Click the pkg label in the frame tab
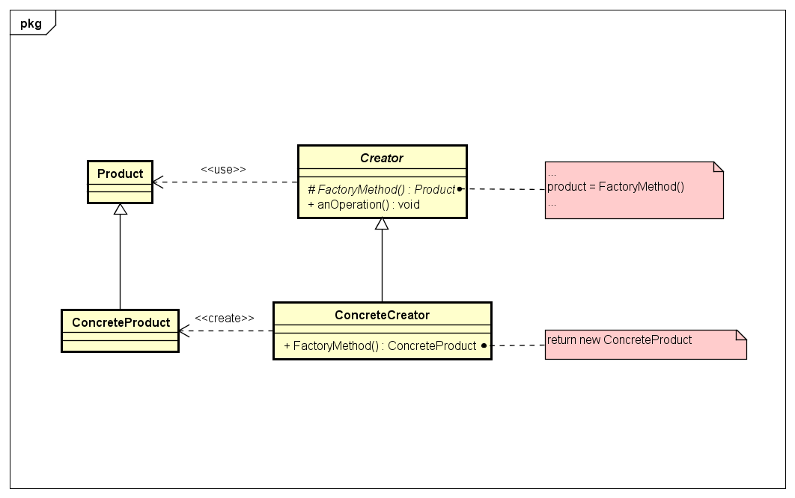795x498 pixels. pos(31,23)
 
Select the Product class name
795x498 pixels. pos(120,173)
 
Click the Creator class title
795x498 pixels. pos(382,158)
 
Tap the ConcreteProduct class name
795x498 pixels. pos(120,322)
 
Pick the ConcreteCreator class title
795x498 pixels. pos(382,315)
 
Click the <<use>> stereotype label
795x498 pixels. pos(223,169)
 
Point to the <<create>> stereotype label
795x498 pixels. pos(224,318)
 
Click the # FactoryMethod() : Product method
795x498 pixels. pos(381,189)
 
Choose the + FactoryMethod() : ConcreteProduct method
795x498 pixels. pos(380,345)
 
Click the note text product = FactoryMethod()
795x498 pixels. pos(615,187)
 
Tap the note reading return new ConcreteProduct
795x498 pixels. pos(619,339)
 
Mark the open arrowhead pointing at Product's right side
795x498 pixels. pos(158,182)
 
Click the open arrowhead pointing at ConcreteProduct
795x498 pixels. pos(184,331)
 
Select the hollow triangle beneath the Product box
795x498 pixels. pos(120,209)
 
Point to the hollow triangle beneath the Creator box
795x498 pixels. pos(382,224)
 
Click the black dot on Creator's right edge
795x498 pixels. pos(460,189)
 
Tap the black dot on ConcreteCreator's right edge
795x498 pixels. pos(484,345)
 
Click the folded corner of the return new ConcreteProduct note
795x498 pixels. pos(741,335)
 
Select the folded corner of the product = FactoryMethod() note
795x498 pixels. pos(717,167)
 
